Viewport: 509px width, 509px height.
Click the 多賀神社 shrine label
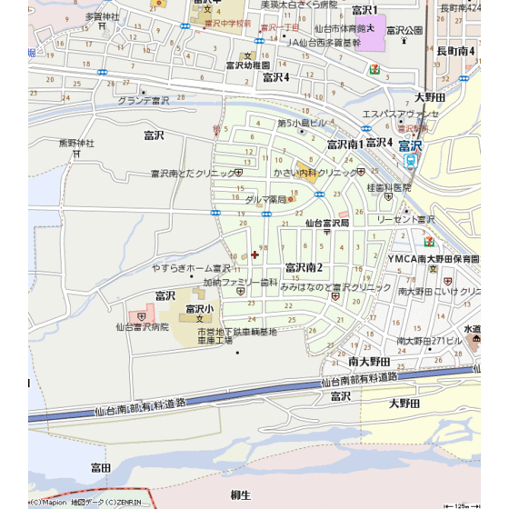(x=102, y=16)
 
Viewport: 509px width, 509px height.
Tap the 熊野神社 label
(x=76, y=143)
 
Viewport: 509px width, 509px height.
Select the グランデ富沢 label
(x=144, y=101)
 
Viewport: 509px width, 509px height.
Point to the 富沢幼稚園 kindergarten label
(x=248, y=65)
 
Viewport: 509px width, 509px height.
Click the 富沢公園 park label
(x=405, y=30)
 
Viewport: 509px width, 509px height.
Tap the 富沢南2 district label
(x=304, y=267)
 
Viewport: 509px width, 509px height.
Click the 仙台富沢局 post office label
(x=327, y=222)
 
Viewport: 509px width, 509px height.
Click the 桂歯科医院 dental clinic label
(x=388, y=188)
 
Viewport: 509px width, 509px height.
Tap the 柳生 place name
(x=240, y=494)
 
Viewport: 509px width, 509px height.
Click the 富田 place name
(x=100, y=467)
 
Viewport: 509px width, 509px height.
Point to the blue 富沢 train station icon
(x=411, y=161)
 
